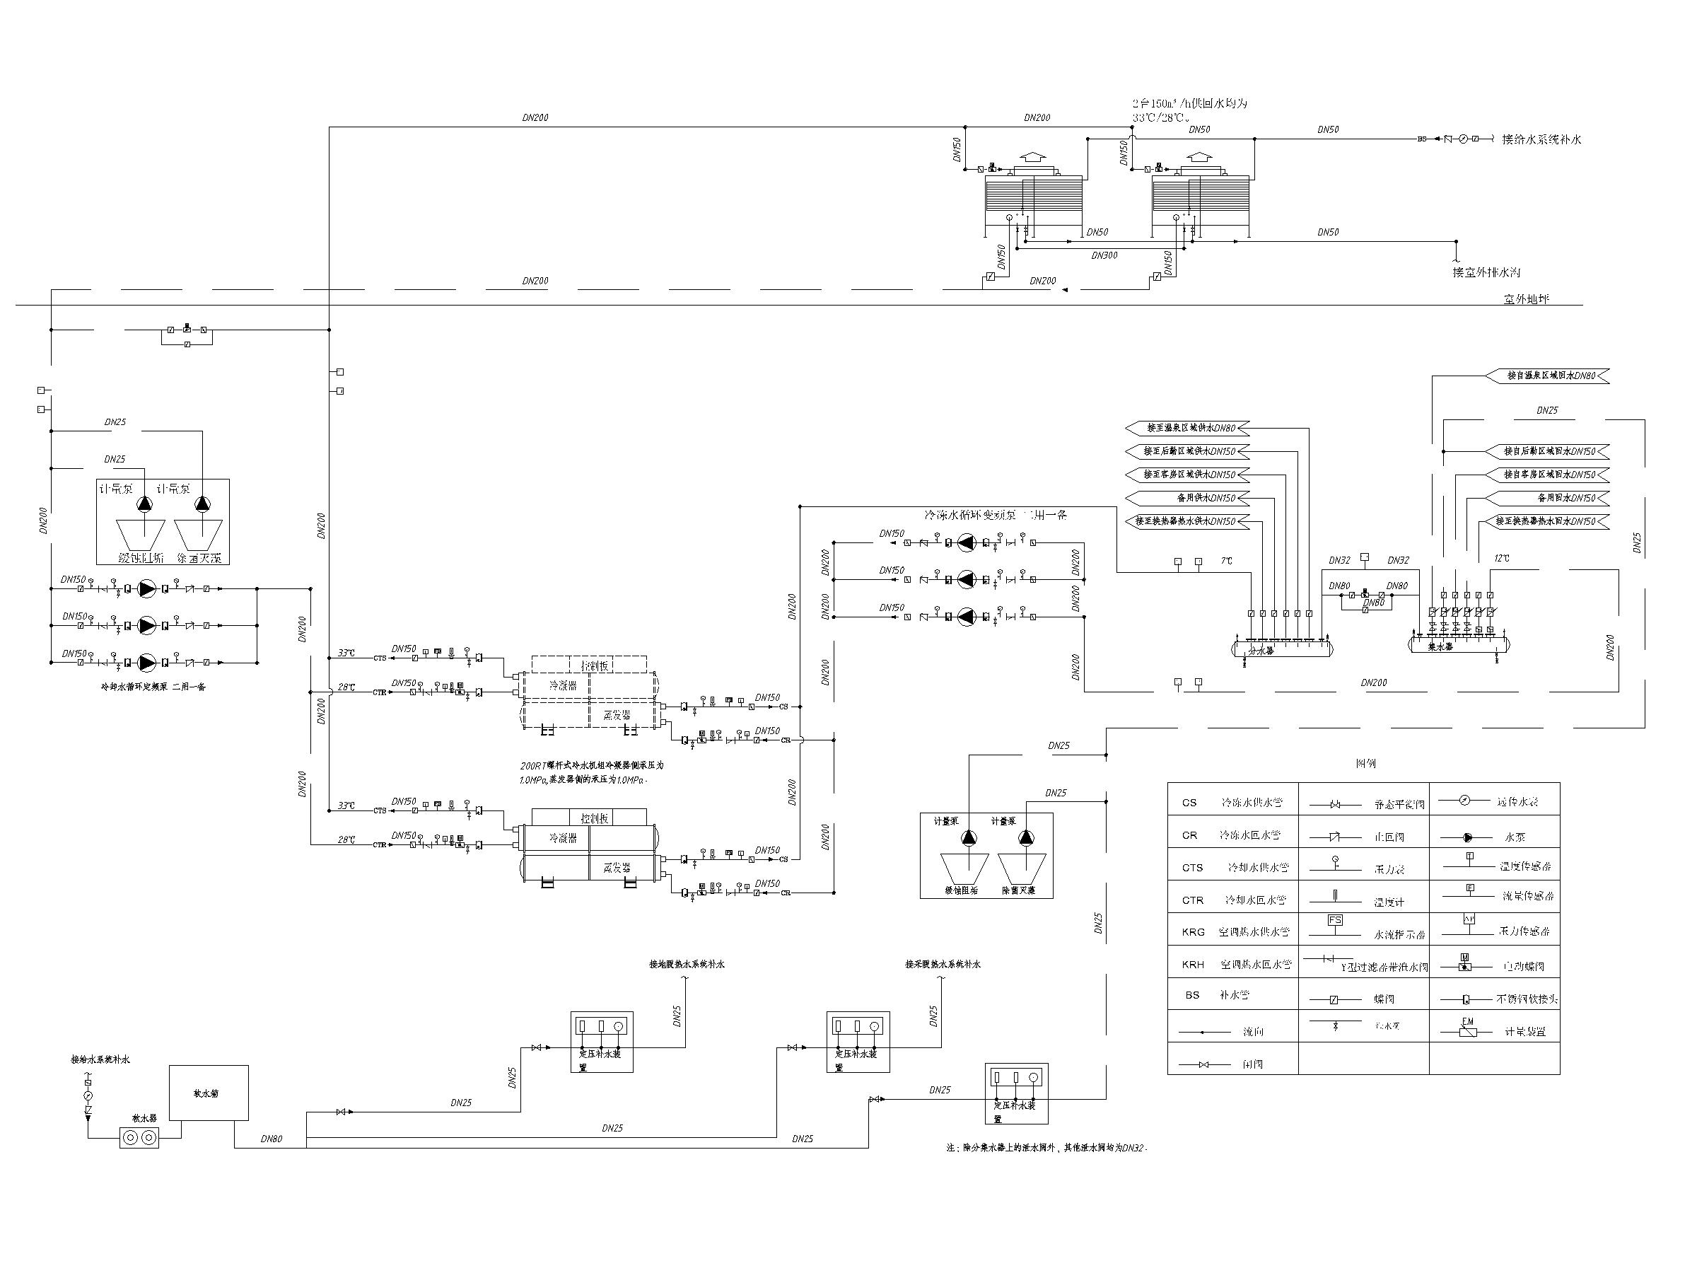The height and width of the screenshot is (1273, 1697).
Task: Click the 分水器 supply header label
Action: click(1261, 650)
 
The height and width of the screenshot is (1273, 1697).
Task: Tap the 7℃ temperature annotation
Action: click(1226, 561)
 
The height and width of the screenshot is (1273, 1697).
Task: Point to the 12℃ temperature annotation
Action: click(1501, 558)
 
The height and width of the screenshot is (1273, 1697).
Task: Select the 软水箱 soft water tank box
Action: click(208, 1093)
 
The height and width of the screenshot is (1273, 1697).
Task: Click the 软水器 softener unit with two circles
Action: click(139, 1137)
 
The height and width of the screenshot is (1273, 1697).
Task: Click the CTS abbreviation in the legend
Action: click(1192, 867)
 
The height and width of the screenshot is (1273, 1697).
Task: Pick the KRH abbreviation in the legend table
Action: click(1192, 965)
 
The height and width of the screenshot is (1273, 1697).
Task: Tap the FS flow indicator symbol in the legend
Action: click(1335, 920)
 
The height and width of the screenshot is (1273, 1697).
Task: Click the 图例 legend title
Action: click(1365, 764)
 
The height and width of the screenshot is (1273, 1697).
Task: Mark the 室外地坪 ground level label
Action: click(1526, 298)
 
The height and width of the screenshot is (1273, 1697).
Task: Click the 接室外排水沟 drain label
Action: click(1486, 272)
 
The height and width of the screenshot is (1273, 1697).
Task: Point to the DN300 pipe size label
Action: click(1104, 255)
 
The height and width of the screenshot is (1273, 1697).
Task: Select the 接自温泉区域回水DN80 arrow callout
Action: click(1550, 376)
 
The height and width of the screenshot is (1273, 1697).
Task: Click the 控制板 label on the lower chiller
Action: click(594, 819)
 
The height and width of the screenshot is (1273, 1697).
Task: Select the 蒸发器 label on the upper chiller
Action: click(616, 714)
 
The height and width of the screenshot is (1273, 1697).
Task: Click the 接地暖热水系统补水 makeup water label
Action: click(687, 964)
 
